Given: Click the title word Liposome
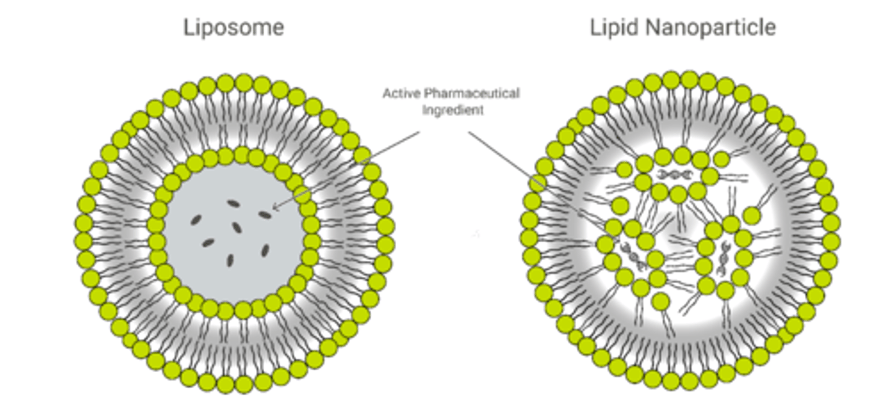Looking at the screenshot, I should tap(233, 28).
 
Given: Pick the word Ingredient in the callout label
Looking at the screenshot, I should tap(452, 111).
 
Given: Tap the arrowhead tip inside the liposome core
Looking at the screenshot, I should tap(274, 208).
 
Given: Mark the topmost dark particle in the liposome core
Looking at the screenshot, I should tap(233, 203).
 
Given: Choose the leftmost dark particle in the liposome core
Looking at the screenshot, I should tap(196, 219).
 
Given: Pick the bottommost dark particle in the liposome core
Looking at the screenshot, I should tap(230, 260).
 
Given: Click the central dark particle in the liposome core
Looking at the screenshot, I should tap(236, 227).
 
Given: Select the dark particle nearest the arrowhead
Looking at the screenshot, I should tap(264, 214).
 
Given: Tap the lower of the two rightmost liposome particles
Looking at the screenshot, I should tap(265, 250).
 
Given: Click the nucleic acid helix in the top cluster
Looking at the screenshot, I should tap(672, 175).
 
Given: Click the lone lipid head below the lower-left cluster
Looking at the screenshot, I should tap(661, 301).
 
